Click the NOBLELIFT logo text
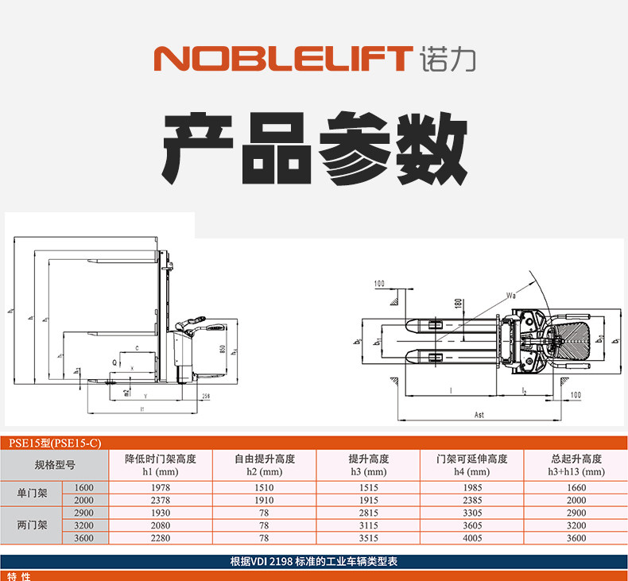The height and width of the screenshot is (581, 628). tap(282, 59)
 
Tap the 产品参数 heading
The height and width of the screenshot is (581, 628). tap(315, 149)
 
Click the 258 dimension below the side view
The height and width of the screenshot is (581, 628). tap(205, 395)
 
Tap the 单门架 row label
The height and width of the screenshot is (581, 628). tap(32, 494)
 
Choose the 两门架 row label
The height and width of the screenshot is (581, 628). tap(32, 525)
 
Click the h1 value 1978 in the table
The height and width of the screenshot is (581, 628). tap(160, 487)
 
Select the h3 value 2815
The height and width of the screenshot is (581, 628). tap(368, 513)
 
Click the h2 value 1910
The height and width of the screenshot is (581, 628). tap(264, 500)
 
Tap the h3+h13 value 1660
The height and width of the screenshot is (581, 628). tap(576, 487)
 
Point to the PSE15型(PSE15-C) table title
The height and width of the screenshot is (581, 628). tap(53, 443)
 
